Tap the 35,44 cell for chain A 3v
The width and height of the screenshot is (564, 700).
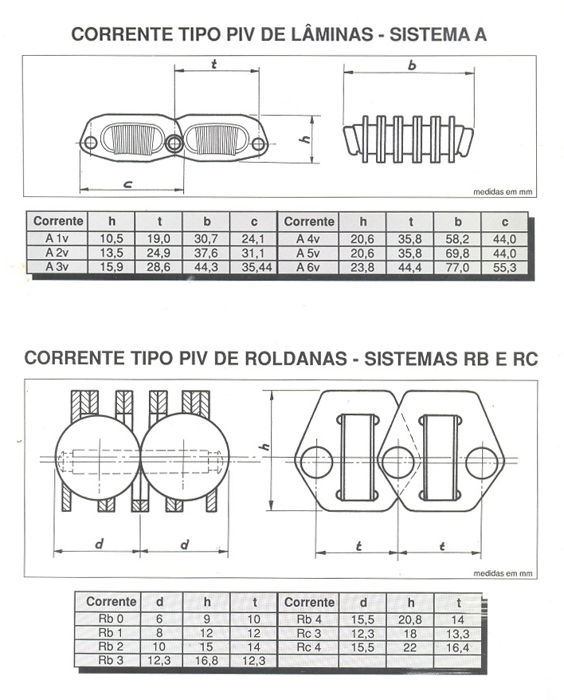tap(257, 267)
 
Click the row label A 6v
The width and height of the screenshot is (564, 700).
tap(307, 267)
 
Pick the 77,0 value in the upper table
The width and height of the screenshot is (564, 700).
tap(457, 267)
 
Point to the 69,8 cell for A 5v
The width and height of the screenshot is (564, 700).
tap(457, 253)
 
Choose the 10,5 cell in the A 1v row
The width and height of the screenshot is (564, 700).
tap(111, 239)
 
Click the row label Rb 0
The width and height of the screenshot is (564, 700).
tap(111, 619)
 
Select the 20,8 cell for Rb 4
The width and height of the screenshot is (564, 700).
tap(410, 619)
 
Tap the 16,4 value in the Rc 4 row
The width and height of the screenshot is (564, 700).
tap(458, 647)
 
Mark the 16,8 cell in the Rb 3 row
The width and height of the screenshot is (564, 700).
tap(206, 660)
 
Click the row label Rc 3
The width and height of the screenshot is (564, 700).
tap(309, 633)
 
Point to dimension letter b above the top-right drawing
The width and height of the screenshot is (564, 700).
tap(412, 65)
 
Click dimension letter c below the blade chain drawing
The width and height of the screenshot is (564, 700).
tap(127, 183)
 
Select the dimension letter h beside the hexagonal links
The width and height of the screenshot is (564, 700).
tap(265, 446)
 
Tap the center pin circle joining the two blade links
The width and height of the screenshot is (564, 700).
tap(174, 144)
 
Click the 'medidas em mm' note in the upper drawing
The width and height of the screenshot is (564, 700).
tap(503, 192)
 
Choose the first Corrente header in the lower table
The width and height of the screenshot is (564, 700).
tap(111, 601)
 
